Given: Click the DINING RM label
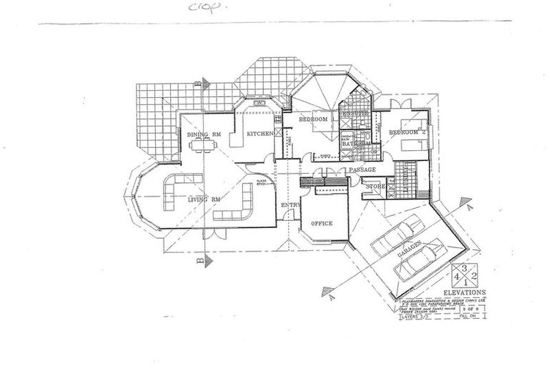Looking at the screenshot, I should [203, 134].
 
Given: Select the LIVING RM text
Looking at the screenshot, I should [203, 199].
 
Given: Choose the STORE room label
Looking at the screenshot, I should [375, 187].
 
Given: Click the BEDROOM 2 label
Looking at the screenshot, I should [407, 133].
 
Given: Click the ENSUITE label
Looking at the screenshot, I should [355, 114].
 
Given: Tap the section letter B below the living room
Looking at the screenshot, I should [197, 262].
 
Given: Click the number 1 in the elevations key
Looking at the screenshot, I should [468, 281].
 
